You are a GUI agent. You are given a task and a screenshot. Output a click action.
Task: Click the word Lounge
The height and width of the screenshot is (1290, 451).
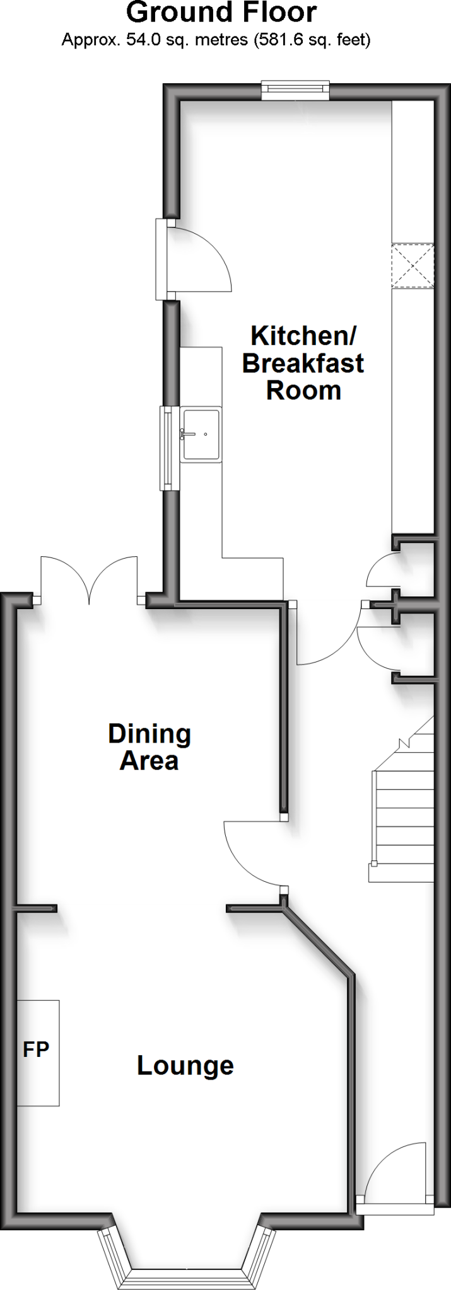pos(185,1066)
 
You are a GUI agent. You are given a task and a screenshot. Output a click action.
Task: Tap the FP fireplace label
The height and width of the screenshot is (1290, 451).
pos(36,1049)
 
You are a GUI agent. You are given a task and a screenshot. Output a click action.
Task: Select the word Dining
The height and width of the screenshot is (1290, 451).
pos(149,733)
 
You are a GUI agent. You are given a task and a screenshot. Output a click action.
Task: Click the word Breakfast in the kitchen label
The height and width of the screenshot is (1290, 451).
pos(303,363)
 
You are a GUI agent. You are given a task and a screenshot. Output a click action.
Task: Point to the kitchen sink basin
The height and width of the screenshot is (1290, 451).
pos(201,434)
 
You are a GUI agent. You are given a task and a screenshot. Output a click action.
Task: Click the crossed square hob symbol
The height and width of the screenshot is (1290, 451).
pos(413,266)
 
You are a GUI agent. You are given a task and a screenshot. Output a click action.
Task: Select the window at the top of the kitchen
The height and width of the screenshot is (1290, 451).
pos(296,90)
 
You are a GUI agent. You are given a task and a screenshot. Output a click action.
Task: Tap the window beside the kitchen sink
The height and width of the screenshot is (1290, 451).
pos(167,447)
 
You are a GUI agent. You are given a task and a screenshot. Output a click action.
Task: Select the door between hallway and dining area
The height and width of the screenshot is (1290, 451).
pos(252,850)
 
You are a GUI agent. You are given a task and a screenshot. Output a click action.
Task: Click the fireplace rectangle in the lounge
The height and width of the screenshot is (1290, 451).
pos(38,1052)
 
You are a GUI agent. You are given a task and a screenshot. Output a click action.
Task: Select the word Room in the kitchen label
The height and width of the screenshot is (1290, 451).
pos(303,391)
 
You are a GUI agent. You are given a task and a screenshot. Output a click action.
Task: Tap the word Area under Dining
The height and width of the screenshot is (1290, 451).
pos(149,761)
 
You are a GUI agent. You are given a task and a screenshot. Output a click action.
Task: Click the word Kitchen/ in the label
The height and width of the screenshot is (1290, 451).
pos(303,336)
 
